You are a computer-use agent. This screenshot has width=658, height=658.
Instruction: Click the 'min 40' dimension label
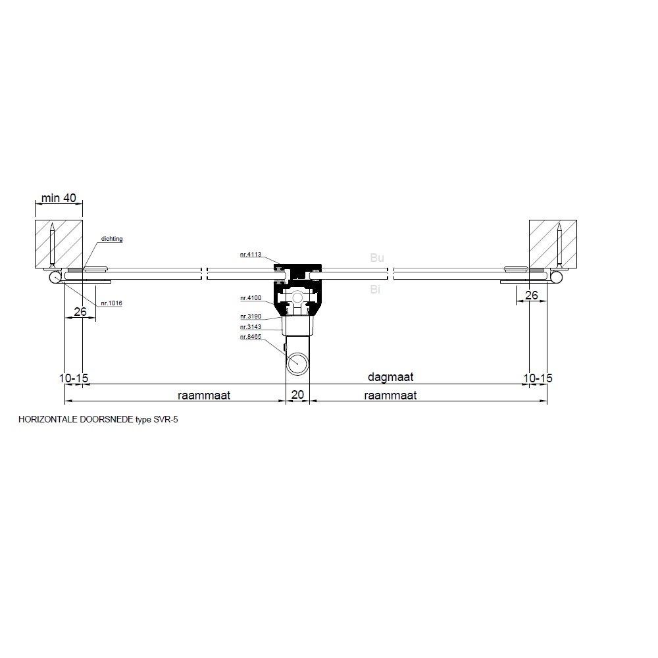point(59,197)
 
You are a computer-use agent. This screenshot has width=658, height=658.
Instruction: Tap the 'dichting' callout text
point(112,239)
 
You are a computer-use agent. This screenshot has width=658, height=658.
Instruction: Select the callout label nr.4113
point(251,254)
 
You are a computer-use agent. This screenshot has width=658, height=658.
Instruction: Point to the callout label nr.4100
point(251,298)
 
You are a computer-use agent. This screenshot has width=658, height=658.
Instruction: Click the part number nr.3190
point(251,316)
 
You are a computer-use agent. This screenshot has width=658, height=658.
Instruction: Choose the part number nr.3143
point(251,327)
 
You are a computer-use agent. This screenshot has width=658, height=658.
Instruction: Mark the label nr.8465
point(251,336)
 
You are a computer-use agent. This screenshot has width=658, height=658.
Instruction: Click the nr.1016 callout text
point(111,303)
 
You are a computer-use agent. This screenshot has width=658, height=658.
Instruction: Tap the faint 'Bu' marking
point(377,258)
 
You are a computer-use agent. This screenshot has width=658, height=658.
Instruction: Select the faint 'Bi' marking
point(375,289)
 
